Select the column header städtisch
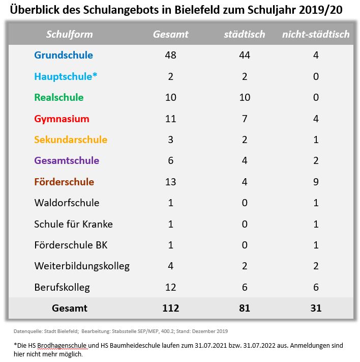(245, 34)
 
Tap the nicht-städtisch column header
(316, 34)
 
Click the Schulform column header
(70, 34)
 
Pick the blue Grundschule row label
(64, 55)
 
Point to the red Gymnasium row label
(62, 119)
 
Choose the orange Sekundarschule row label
(71, 140)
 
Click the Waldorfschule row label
(67, 203)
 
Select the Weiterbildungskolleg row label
(82, 266)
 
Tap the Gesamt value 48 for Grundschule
(171, 55)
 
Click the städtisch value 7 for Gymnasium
(245, 119)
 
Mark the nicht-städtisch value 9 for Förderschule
(316, 182)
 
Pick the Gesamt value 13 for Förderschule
(171, 182)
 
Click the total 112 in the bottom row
(171, 308)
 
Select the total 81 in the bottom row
(245, 308)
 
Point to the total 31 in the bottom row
(316, 308)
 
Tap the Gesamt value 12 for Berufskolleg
(171, 287)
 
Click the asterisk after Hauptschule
(95, 74)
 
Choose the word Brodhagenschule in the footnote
(62, 346)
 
